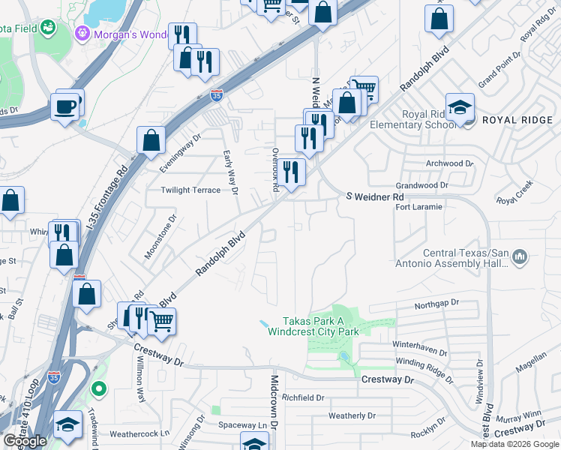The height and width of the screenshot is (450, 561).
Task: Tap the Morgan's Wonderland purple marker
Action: click(82, 34)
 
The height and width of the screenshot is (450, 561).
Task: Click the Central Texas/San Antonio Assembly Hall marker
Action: click(521, 259)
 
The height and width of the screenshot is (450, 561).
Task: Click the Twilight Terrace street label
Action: click(190, 190)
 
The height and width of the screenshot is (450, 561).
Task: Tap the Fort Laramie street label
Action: click(418, 207)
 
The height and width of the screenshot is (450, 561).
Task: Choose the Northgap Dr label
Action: click(437, 304)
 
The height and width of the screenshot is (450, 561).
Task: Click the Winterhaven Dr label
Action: click(419, 347)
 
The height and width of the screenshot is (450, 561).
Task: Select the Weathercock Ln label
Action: click(139, 433)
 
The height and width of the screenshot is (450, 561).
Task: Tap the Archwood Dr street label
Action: click(449, 163)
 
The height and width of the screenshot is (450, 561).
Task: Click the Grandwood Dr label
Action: click(421, 184)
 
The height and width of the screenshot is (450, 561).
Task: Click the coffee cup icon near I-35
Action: click(65, 106)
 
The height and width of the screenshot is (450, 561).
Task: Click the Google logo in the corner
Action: click(25, 441)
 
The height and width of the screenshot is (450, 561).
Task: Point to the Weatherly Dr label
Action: click(352, 415)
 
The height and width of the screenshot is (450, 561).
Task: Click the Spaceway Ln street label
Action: click(242, 425)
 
